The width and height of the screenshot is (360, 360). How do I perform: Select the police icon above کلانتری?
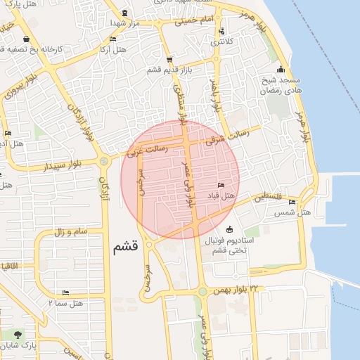(x=222, y=31)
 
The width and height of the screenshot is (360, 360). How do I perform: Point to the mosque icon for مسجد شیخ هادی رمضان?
(x=281, y=69)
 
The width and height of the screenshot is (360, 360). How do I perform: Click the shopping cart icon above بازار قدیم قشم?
(x=169, y=60)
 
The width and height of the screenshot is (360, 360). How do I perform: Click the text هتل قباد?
(x=219, y=195)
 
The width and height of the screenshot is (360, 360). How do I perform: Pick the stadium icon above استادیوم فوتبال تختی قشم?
(x=230, y=229)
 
